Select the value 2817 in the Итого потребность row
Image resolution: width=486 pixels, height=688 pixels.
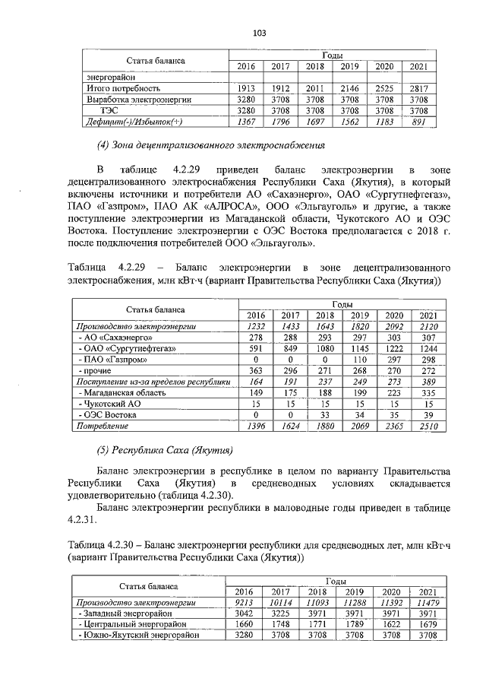click(x=418, y=88)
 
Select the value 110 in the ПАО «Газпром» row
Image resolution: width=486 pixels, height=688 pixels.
click(x=360, y=360)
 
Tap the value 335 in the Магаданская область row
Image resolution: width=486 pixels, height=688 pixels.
click(x=428, y=393)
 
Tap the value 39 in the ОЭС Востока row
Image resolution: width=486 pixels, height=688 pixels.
click(x=428, y=416)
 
